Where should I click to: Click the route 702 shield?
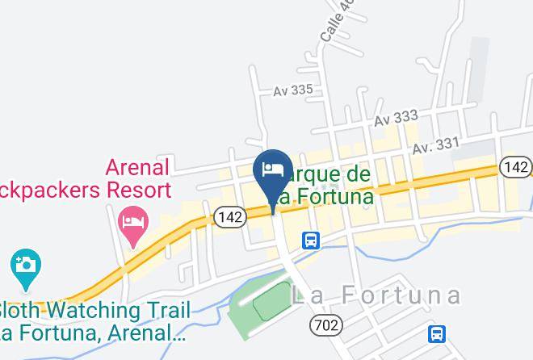[325, 325]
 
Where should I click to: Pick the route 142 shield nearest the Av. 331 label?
[514, 167]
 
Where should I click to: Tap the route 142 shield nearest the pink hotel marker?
[229, 216]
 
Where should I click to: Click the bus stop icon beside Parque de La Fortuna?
[311, 240]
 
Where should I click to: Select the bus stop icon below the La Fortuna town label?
[437, 333]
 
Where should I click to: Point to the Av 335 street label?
[292, 90]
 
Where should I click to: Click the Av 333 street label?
[396, 118]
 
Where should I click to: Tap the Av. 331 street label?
[435, 147]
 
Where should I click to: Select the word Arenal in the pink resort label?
[137, 168]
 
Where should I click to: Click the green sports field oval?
[273, 303]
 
